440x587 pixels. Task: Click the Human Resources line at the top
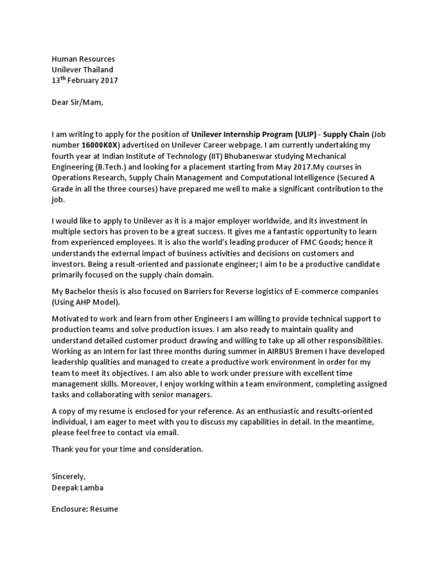[83, 59]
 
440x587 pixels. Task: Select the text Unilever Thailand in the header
[82, 70]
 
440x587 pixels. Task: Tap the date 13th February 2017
[85, 81]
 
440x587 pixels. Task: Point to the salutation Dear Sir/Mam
[78, 103]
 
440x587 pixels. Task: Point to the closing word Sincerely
[68, 476]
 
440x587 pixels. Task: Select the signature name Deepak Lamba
[78, 487]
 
